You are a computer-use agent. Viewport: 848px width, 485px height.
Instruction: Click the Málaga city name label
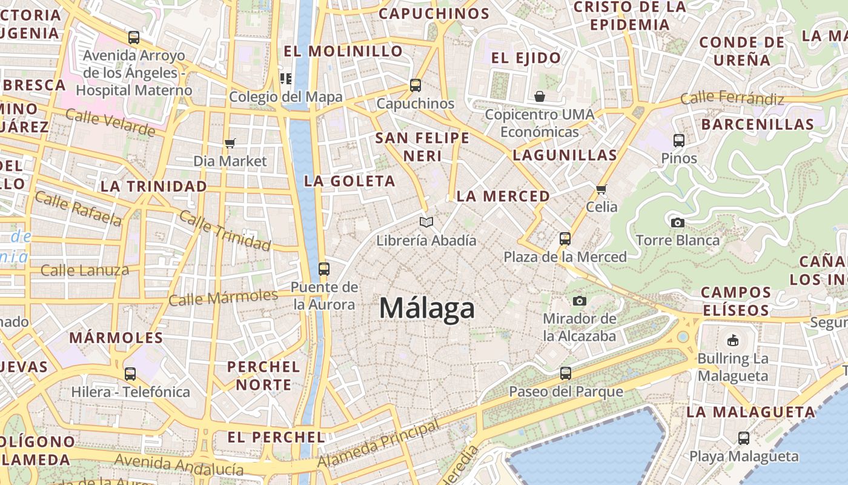[x=427, y=309]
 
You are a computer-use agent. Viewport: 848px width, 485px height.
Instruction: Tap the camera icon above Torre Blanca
[x=678, y=222]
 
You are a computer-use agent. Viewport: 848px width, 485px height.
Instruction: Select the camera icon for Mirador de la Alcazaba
[x=580, y=301]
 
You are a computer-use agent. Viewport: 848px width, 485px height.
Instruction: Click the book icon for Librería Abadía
[x=426, y=222]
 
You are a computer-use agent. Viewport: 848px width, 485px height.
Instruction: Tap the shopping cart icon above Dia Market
[x=230, y=143]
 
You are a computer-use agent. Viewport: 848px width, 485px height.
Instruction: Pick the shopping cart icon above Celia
[x=601, y=189]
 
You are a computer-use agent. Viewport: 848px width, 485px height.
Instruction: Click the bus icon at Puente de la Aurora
[x=324, y=269]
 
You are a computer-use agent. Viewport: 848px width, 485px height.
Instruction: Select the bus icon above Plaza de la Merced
[x=565, y=238]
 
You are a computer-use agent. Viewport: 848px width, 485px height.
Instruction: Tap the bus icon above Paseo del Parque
[x=566, y=373]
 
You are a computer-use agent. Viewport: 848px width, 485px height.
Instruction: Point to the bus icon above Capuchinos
[x=415, y=85]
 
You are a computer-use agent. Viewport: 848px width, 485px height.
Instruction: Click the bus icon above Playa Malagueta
[x=744, y=438]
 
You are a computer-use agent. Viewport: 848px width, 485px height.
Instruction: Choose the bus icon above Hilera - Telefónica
[x=130, y=373]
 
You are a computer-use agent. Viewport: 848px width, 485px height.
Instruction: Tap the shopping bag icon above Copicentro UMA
[x=539, y=96]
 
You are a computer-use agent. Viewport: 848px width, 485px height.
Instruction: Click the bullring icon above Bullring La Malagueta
[x=733, y=340]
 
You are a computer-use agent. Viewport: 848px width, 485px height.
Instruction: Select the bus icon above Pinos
[x=679, y=141]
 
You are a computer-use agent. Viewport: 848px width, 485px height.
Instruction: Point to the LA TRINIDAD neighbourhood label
[x=154, y=187]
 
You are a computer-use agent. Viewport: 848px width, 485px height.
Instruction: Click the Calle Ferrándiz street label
[x=732, y=98]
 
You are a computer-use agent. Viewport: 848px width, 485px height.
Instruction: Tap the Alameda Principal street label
[x=379, y=444]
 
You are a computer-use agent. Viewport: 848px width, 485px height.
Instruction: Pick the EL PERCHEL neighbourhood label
[x=276, y=437]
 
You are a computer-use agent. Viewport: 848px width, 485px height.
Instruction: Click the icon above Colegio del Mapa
[x=285, y=78]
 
